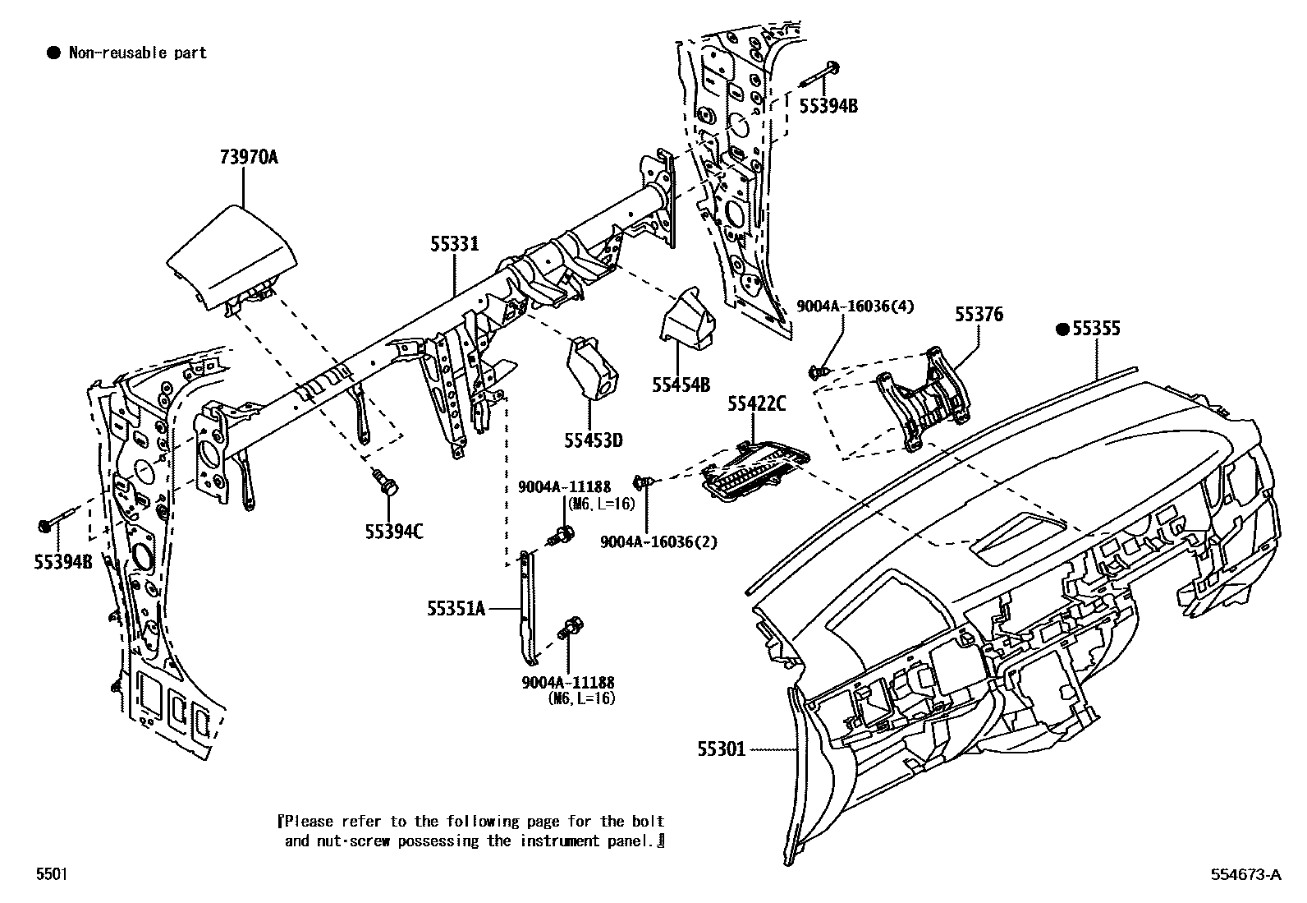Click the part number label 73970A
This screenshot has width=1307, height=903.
(248, 157)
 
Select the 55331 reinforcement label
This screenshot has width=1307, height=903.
(454, 244)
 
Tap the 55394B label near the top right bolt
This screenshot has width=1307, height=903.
(829, 104)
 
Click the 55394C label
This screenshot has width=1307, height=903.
(394, 532)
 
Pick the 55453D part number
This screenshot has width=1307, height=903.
(593, 441)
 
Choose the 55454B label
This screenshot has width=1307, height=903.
(681, 384)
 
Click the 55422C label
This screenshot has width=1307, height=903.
(756, 403)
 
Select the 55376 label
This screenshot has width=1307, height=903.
(978, 315)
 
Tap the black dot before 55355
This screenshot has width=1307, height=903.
(1062, 329)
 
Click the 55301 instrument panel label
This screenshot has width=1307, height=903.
(721, 749)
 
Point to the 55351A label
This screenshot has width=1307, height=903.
(456, 608)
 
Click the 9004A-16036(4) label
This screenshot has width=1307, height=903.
(855, 306)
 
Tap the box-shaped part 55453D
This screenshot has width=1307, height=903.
(591, 370)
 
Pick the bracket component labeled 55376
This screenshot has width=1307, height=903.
(924, 399)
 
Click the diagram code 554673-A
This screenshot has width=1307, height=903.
(1245, 874)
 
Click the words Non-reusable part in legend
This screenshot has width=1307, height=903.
(137, 53)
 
